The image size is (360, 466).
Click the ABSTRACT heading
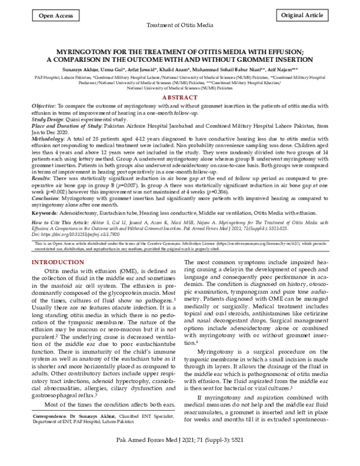pos(180,97)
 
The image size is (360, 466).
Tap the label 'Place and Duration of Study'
pos(69,126)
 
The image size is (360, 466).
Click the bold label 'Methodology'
pos(49,138)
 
